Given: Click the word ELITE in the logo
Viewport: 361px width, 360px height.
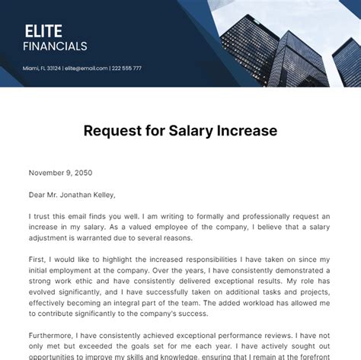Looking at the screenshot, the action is tap(43, 31).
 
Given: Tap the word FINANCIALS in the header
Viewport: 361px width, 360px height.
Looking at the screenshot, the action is tap(55, 46).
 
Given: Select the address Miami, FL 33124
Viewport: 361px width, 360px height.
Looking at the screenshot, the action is tap(43, 68).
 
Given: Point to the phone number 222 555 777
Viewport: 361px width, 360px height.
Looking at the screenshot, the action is tap(127, 68).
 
